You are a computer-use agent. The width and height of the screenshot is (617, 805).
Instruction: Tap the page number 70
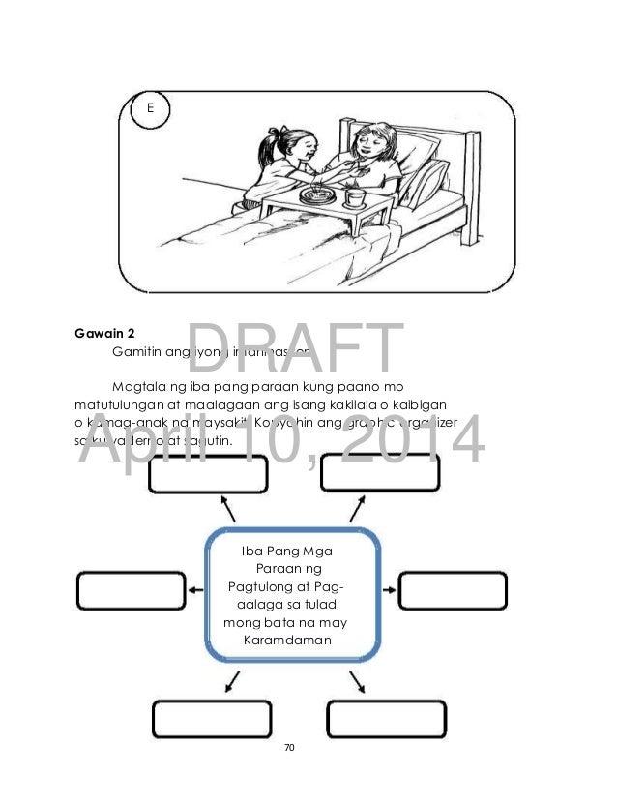289,748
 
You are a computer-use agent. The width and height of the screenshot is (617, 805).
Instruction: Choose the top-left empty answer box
203,475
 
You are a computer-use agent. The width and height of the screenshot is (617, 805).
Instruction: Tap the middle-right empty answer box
453,591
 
